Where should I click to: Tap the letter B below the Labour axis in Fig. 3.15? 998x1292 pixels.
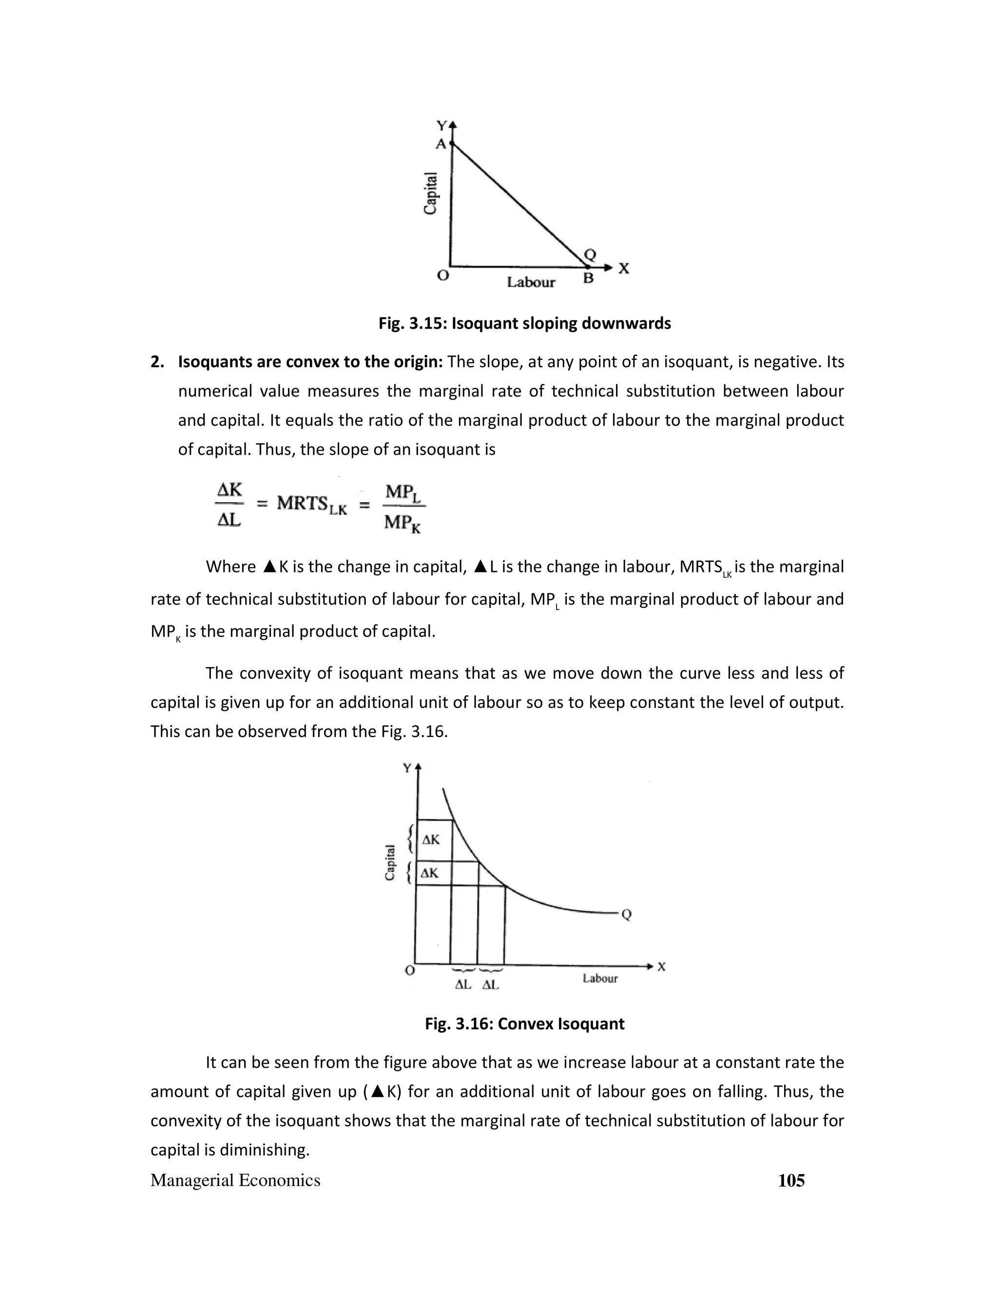[588, 278]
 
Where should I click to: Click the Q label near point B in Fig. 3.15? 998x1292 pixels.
[590, 255]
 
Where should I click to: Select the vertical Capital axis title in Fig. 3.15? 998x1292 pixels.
[431, 194]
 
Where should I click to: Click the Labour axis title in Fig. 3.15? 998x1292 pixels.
[531, 282]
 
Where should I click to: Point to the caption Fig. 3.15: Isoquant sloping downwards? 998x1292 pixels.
[524, 324]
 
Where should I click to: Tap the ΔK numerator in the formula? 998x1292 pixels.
[230, 490]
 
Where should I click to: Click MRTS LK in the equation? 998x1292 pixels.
[311, 504]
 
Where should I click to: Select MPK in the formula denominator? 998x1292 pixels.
[402, 523]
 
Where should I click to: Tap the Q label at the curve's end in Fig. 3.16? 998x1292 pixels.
[627, 915]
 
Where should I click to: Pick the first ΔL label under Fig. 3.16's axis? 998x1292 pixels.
[463, 985]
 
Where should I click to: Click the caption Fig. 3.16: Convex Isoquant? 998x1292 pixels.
[524, 1024]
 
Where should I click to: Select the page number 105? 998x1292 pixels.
[791, 1181]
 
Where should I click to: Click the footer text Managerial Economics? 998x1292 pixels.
[235, 1181]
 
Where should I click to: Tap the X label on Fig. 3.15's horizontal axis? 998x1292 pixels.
[624, 269]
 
